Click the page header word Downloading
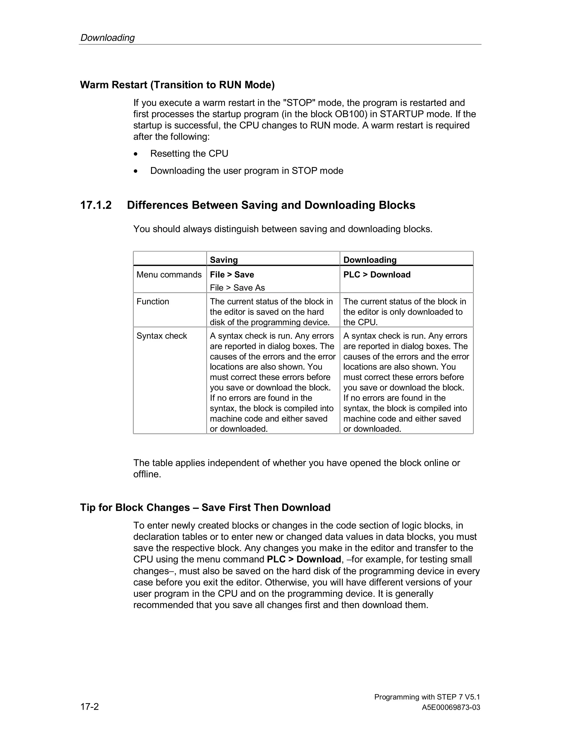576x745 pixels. tap(107, 37)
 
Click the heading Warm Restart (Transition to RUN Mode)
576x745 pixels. tap(177, 85)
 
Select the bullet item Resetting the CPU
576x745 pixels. tap(189, 153)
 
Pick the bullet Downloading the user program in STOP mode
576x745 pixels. tap(247, 171)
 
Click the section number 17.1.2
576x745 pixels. tap(96, 205)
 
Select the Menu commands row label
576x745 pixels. tap(169, 275)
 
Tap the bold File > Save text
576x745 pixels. tap(232, 275)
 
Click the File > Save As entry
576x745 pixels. tap(237, 288)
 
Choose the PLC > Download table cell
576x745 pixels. tap(377, 275)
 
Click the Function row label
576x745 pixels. tap(152, 302)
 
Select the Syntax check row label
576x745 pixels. tap(161, 336)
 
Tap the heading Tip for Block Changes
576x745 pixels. tap(205, 507)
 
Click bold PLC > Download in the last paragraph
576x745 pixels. tap(304, 559)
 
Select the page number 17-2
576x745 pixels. tap(89, 706)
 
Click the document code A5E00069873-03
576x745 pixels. tap(451, 708)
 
